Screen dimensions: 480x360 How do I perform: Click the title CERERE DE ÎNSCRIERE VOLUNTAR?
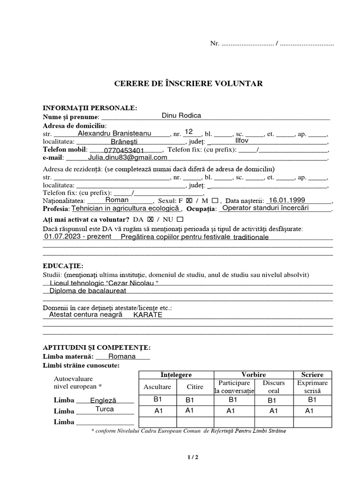click(188, 84)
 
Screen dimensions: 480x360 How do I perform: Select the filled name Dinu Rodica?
click(181, 115)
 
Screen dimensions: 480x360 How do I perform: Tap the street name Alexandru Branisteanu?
click(114, 133)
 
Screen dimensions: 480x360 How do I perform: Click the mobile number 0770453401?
click(124, 150)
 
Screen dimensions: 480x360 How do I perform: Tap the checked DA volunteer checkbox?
click(150, 219)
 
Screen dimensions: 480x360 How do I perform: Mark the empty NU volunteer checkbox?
click(180, 219)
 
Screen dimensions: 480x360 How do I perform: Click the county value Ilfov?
click(241, 141)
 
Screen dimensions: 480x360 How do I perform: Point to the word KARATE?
click(148, 315)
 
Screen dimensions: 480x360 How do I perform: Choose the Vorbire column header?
click(254, 375)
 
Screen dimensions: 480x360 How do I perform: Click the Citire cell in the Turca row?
click(190, 411)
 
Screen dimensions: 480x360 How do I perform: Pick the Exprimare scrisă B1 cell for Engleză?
click(312, 400)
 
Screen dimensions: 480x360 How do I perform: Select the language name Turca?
click(105, 409)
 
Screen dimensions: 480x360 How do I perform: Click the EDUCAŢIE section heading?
click(63, 266)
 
